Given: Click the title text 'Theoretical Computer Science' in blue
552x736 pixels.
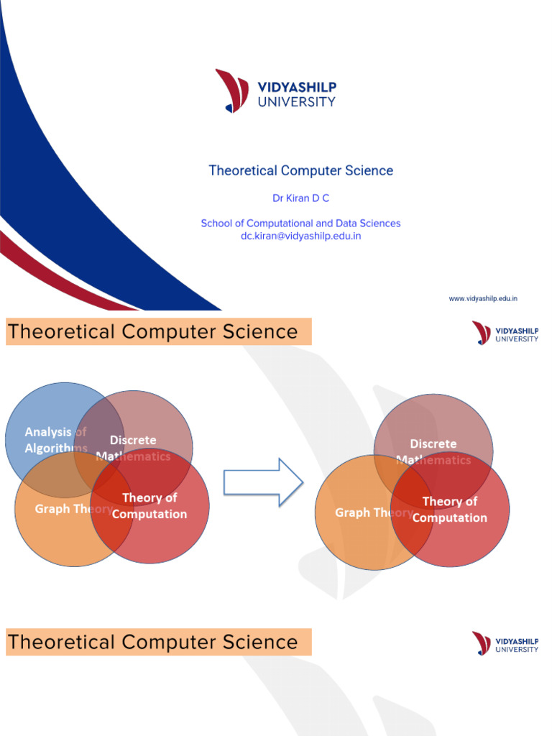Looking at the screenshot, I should tap(300, 171).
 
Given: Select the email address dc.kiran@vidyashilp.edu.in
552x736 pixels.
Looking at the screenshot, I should tap(300, 236).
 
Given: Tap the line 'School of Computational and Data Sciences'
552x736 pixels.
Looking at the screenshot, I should tap(300, 224).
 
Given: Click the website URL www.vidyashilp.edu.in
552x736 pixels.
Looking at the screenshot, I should tap(483, 298).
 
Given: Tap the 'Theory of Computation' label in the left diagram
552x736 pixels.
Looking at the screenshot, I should tap(149, 506).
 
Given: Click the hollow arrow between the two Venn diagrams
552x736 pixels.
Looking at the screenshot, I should tap(263, 482).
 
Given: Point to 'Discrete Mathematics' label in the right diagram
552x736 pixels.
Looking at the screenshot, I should tap(433, 451).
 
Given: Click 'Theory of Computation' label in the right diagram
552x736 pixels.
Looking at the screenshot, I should tap(450, 510).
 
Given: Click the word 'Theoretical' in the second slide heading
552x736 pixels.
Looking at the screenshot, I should tap(61, 332).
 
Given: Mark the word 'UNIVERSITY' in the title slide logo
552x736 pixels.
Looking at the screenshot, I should tap(296, 102).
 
